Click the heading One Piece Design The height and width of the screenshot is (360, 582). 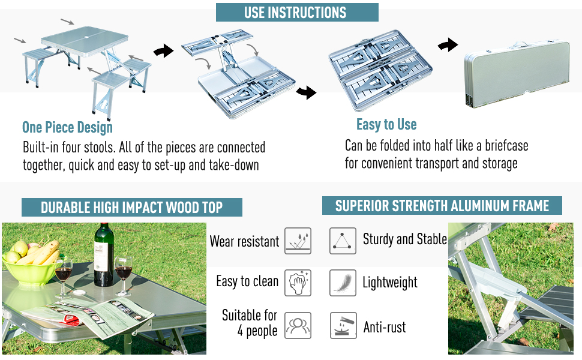pos(67,127)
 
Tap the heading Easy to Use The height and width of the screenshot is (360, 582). pos(386,124)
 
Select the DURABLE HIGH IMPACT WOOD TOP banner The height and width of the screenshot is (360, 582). pos(131,208)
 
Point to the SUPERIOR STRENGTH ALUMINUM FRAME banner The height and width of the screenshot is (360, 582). pos(442,206)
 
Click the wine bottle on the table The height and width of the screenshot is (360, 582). pos(104,256)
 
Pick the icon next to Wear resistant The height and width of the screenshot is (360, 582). pos(298,241)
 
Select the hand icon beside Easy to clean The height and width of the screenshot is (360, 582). pos(298,283)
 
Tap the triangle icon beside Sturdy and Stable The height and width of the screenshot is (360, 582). pos(343,241)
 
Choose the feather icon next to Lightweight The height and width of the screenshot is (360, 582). pos(343,283)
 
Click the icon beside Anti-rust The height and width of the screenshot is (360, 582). pos(343,326)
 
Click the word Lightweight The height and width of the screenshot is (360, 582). pos(390,283)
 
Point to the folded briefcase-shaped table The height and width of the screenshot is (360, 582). pos(516,72)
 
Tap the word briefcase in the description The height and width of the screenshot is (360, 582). pos(502,145)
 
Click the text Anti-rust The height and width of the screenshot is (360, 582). pos(385,328)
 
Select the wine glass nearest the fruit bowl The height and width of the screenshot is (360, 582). pos(63,273)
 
